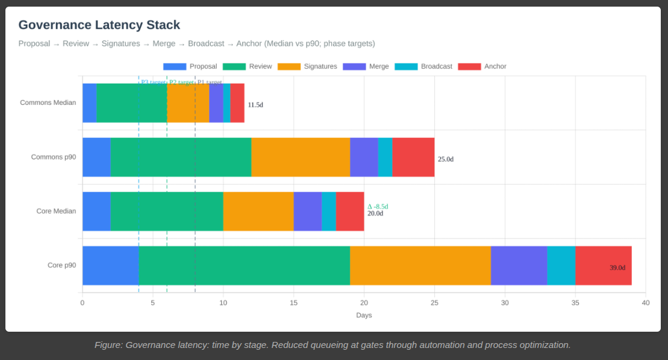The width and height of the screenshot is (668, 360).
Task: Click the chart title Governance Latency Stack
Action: (x=99, y=25)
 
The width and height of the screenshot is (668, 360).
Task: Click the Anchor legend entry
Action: (x=482, y=66)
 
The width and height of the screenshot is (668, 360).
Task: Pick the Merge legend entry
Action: (x=366, y=66)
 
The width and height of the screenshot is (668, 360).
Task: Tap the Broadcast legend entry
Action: (x=423, y=66)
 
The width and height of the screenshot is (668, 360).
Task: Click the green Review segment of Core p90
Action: (x=244, y=265)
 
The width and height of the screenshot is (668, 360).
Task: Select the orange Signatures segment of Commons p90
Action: (x=301, y=157)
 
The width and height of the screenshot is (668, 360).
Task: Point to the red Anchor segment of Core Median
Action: (x=350, y=211)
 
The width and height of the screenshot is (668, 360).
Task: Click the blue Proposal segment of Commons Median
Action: (x=89, y=103)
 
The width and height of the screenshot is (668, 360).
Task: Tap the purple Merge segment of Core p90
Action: (x=519, y=265)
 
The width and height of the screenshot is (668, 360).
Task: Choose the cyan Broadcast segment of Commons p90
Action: (x=385, y=157)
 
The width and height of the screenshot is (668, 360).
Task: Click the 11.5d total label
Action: (x=255, y=105)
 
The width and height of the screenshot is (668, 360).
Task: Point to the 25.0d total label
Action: (x=446, y=160)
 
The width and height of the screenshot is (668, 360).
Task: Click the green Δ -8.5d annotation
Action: (x=378, y=206)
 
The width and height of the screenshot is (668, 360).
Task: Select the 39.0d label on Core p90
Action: (x=617, y=268)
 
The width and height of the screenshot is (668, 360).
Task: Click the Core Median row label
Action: (x=56, y=211)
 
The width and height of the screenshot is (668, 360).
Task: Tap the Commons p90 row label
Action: (x=54, y=157)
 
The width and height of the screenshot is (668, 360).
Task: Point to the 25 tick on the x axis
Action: (x=434, y=303)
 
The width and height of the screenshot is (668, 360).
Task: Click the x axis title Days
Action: (x=364, y=315)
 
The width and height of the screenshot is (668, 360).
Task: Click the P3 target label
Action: (x=152, y=82)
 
